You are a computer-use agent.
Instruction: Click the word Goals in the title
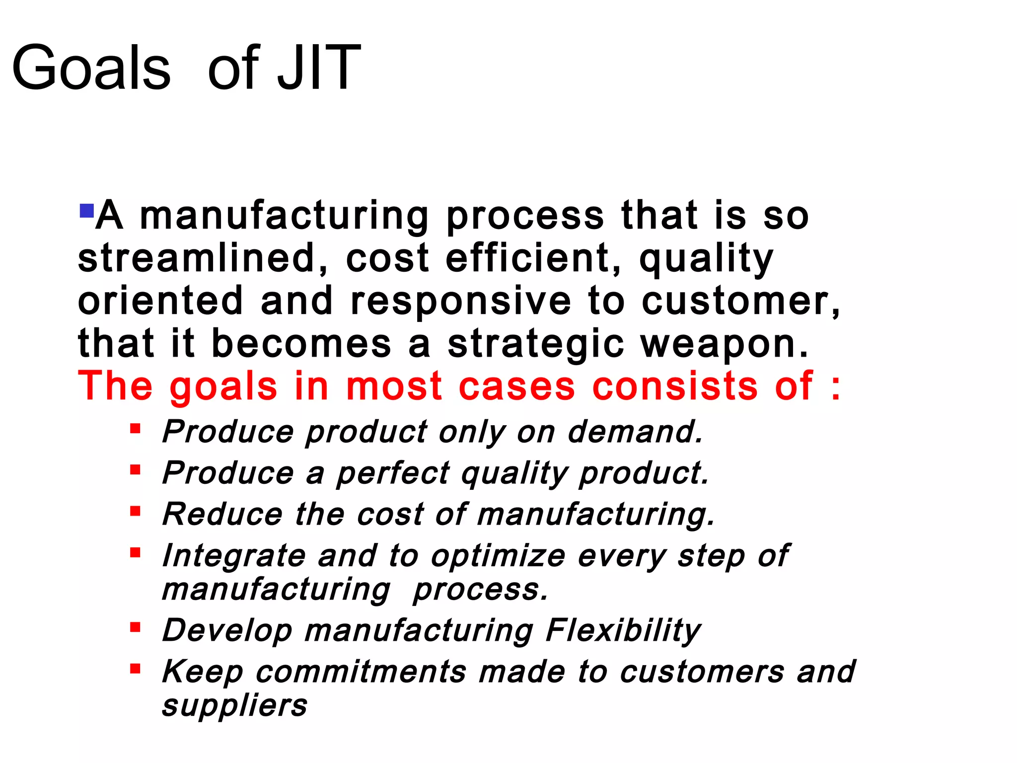pyautogui.click(x=91, y=68)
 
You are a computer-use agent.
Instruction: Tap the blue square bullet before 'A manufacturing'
pyautogui.click(x=86, y=211)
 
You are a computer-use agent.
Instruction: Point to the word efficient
pyautogui.click(x=534, y=258)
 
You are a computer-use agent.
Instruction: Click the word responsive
pyautogui.click(x=461, y=301)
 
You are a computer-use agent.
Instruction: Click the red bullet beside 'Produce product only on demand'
pyautogui.click(x=135, y=428)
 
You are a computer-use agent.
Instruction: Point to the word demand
pyautogui.click(x=636, y=431)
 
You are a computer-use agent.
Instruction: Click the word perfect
pyautogui.click(x=393, y=473)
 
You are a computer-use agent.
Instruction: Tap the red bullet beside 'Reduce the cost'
pyautogui.click(x=135, y=511)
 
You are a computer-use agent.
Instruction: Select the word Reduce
pyautogui.click(x=222, y=514)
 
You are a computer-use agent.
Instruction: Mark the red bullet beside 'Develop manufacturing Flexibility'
pyautogui.click(x=135, y=627)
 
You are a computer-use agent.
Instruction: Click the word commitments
pyautogui.click(x=361, y=672)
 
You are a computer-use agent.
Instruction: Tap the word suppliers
pyautogui.click(x=235, y=706)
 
